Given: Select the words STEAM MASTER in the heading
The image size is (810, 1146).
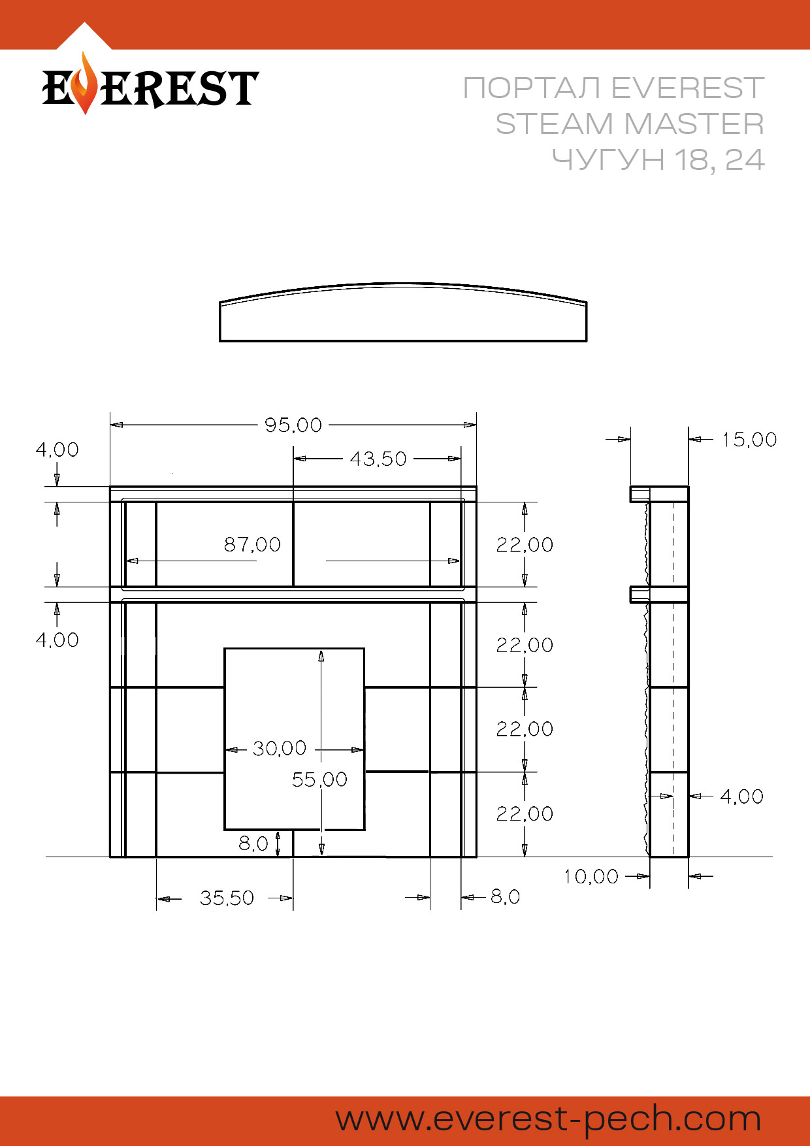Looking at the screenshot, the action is click(x=630, y=123).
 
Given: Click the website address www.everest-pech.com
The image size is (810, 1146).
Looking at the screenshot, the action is click(x=549, y=1119).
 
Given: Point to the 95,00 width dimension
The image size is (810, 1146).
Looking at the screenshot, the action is click(x=293, y=425).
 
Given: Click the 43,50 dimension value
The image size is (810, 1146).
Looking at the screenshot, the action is click(x=378, y=459).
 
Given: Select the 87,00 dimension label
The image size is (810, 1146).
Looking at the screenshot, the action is click(x=252, y=544).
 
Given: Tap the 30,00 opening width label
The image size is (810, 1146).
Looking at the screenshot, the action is click(x=280, y=748).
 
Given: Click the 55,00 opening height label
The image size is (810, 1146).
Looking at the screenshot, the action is click(x=319, y=779).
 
